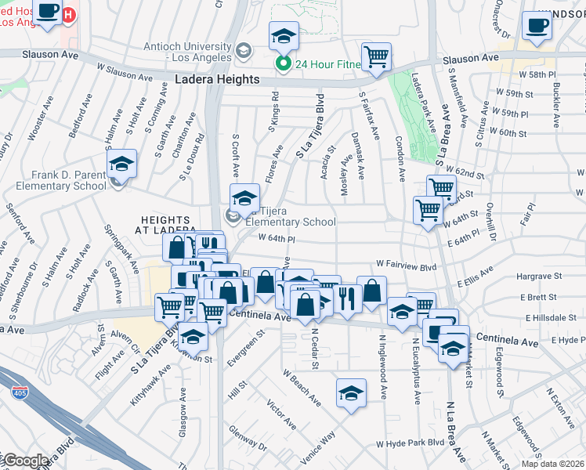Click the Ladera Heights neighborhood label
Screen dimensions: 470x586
click(217, 80)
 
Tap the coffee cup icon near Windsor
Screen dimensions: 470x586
click(537, 25)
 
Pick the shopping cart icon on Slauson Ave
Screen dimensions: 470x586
click(376, 58)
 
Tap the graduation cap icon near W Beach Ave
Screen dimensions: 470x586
click(351, 394)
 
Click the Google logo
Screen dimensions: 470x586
click(25, 461)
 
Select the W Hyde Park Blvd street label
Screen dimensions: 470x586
click(410, 443)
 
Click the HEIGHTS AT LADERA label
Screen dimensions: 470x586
click(169, 227)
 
